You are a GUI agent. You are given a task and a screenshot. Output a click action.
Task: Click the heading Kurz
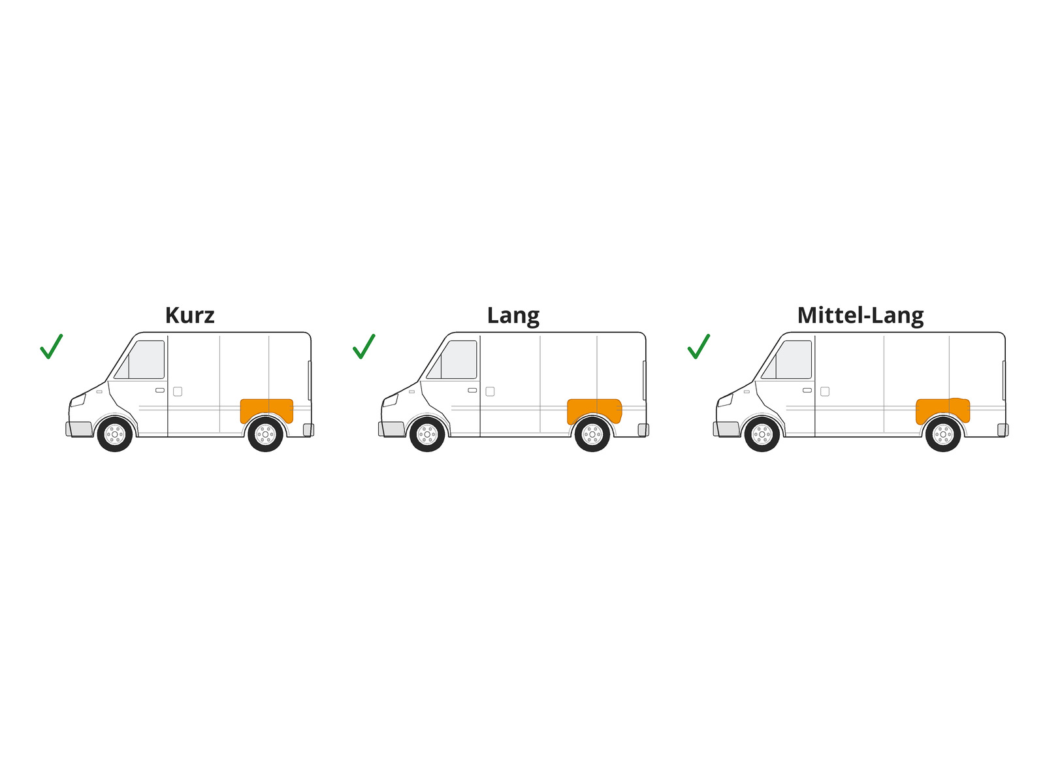coord(189,315)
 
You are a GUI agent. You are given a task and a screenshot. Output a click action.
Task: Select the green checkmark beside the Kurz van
coord(51,346)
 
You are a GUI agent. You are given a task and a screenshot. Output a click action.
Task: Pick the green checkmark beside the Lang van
coord(363,346)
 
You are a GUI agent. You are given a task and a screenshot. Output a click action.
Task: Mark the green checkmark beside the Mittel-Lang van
coord(698,346)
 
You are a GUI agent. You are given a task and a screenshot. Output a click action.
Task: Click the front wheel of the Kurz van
coord(115,434)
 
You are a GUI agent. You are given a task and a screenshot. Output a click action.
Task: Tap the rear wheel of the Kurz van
coord(265,434)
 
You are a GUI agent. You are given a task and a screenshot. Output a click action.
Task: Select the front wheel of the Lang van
coord(427,434)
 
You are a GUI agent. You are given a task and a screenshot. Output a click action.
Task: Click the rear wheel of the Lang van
coord(592,434)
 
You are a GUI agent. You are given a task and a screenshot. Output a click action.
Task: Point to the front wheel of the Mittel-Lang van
coord(762,434)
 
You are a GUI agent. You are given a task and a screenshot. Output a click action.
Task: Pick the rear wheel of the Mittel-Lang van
coord(942,434)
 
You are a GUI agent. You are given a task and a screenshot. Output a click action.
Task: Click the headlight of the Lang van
coord(391,400)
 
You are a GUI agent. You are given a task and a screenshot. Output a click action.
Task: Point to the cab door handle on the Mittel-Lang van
coord(807,390)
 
